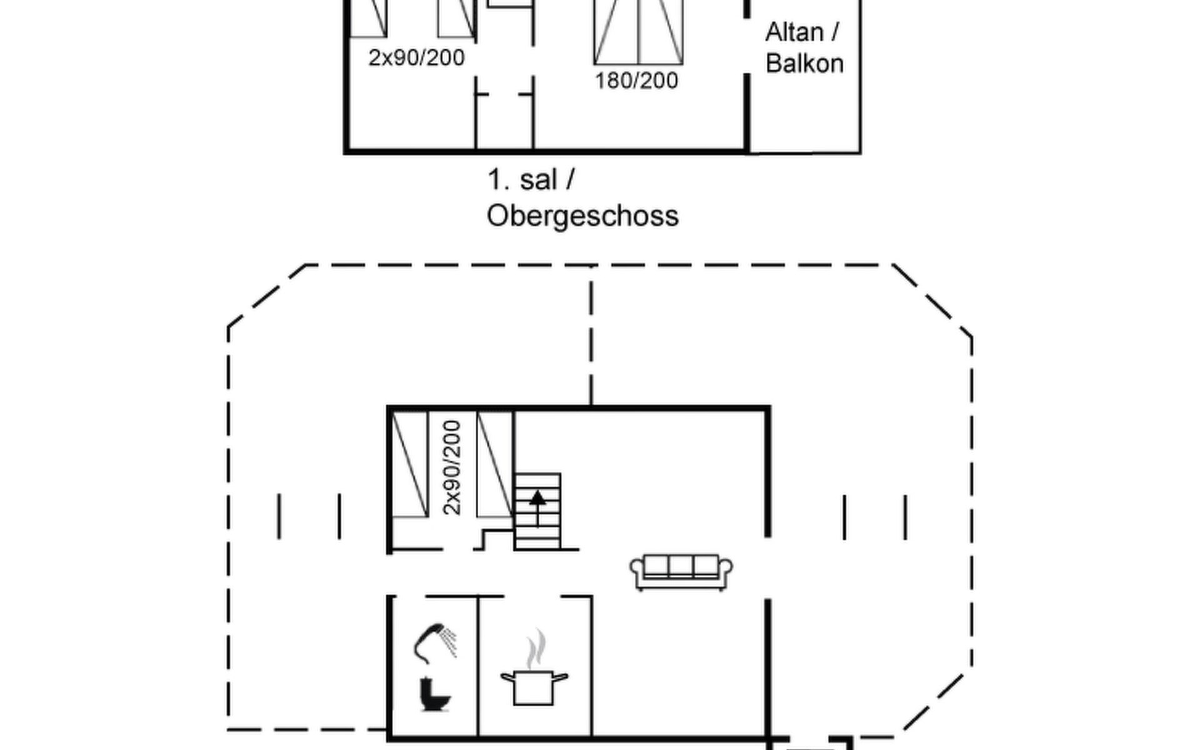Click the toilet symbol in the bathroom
pos(434,694)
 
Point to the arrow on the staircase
pos(537,506)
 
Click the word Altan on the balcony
pos(794,32)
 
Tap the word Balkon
pos(804,64)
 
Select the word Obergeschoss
pos(582,216)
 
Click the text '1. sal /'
pos(530,180)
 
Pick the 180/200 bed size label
pos(636,81)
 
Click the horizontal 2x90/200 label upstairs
pos(416,57)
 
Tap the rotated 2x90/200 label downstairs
pos(451,467)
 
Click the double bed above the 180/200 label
pos(638,31)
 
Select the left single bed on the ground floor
pos(410,464)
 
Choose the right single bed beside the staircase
pos(495,464)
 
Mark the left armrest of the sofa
pos(637,570)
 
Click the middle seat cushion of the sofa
pos(681,565)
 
